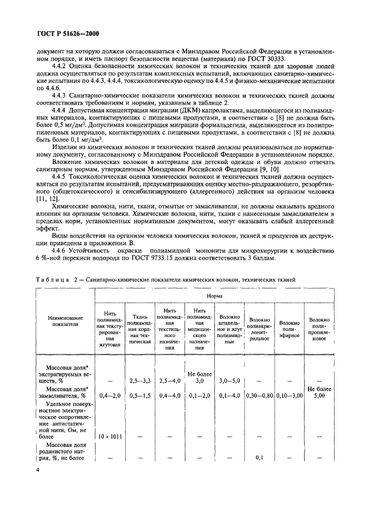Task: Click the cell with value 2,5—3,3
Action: (140, 380)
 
